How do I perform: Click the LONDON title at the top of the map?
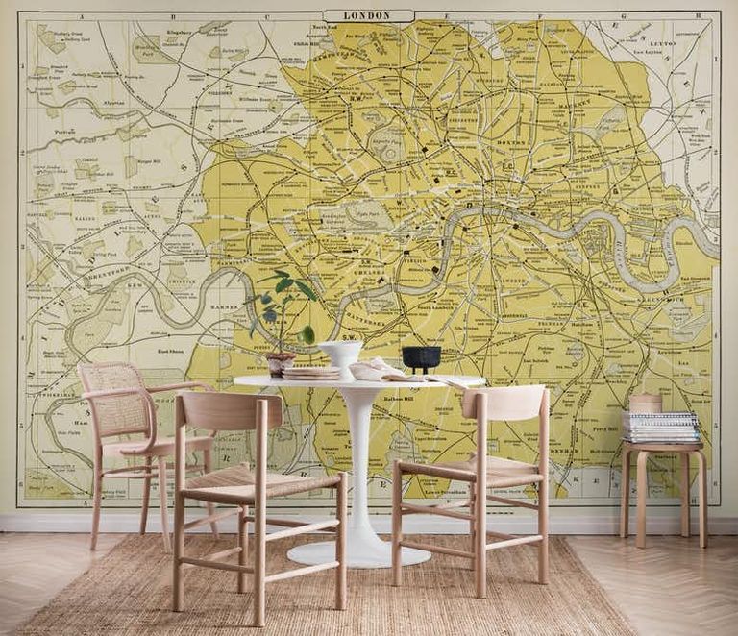tap(368, 15)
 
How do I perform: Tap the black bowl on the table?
tap(421, 358)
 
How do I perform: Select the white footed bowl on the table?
tap(340, 353)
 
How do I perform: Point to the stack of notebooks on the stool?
tap(660, 427)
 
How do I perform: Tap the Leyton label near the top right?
tap(662, 43)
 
